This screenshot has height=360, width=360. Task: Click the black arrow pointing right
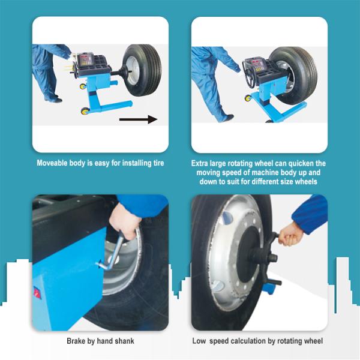(x=138, y=119)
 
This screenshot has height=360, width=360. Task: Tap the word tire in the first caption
(x=158, y=163)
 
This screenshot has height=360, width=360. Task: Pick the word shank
(x=124, y=341)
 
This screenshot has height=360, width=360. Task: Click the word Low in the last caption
(x=199, y=341)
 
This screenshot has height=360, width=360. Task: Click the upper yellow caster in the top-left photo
(x=83, y=86)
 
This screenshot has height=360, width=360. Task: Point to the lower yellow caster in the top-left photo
(x=85, y=111)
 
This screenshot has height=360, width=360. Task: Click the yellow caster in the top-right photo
(x=248, y=98)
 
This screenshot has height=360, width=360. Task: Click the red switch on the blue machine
(x=37, y=293)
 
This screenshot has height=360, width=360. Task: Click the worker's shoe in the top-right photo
(x=228, y=118)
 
